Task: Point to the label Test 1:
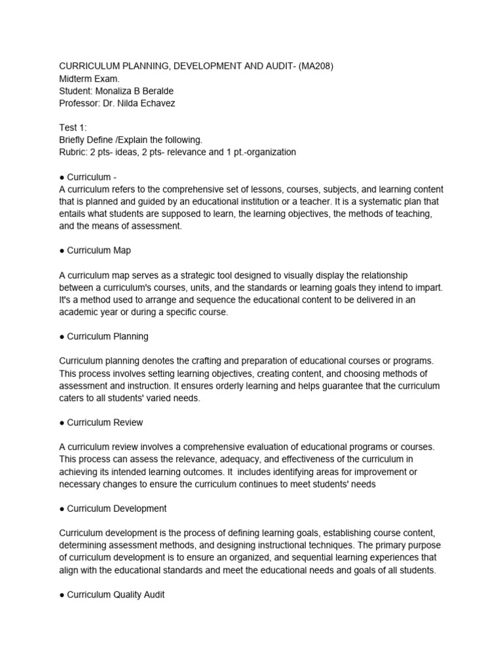pos(73,128)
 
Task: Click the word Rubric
pos(73,152)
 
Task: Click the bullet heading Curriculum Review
pos(105,422)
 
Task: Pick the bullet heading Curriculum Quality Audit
pos(115,594)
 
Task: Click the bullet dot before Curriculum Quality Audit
pos(62,594)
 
